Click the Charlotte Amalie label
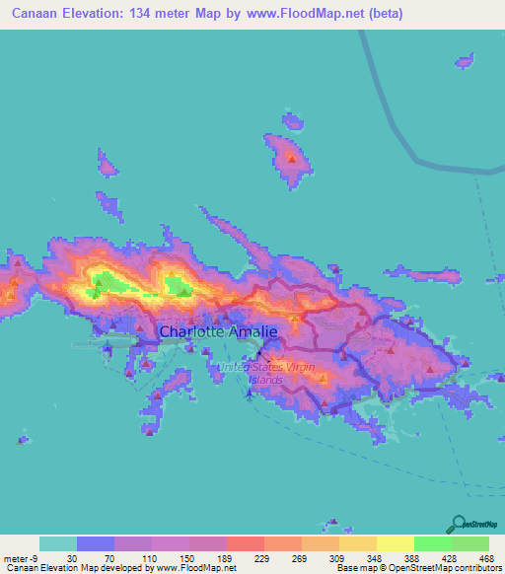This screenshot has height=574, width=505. click(218, 332)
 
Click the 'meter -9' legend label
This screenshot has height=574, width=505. click(22, 557)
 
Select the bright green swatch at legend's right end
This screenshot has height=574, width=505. click(469, 543)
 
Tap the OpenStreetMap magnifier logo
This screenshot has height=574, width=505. click(460, 525)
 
